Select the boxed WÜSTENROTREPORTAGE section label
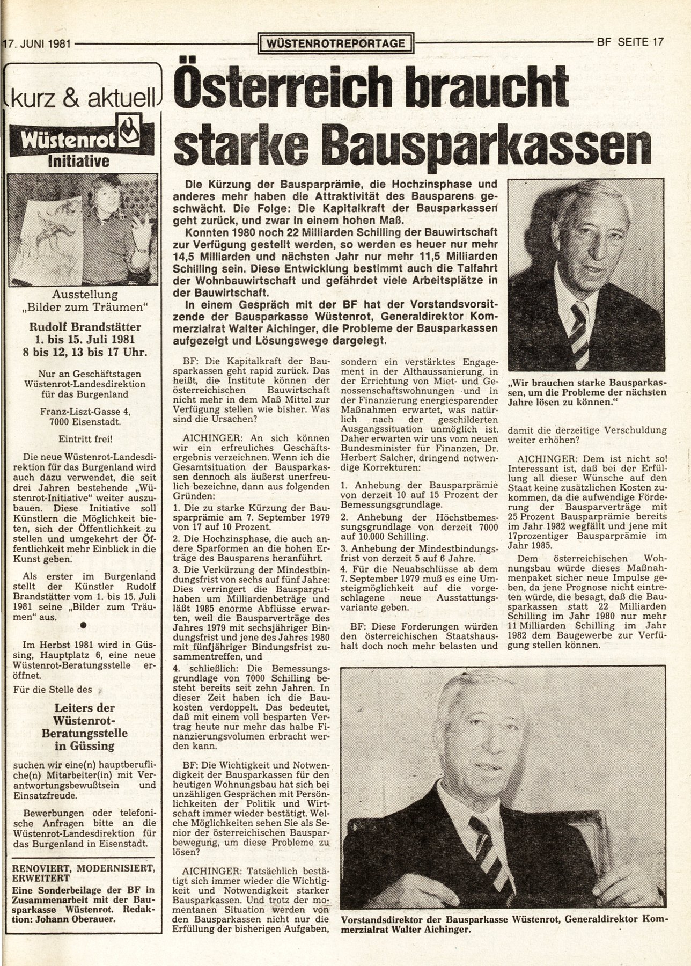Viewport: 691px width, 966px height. (x=337, y=43)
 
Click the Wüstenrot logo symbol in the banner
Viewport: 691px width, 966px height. (x=131, y=137)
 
